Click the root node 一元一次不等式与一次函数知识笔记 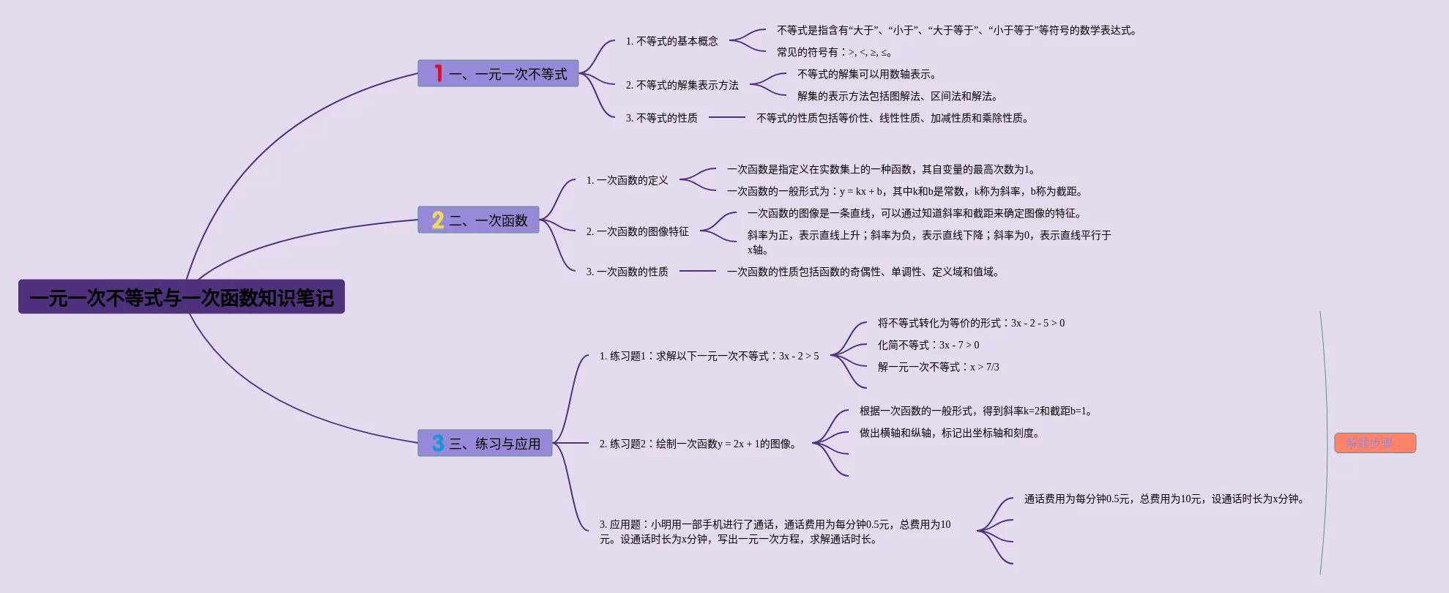(x=181, y=297)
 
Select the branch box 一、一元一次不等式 (x=498, y=74)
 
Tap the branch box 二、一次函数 (x=478, y=220)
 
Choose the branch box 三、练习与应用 (x=485, y=444)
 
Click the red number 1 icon (x=438, y=73)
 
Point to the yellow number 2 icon (x=438, y=220)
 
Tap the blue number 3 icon (x=438, y=443)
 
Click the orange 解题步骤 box (x=1374, y=443)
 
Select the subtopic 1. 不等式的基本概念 (x=671, y=42)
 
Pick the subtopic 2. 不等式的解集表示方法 (x=682, y=86)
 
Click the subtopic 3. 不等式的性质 (x=661, y=118)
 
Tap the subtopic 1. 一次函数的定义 (x=627, y=180)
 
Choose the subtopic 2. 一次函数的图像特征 (x=637, y=231)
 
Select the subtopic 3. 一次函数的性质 (x=627, y=272)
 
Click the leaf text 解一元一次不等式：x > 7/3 (x=938, y=367)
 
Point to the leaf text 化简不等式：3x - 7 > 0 (x=928, y=345)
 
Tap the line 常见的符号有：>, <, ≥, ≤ (x=834, y=53)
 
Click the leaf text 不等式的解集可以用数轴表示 (x=866, y=75)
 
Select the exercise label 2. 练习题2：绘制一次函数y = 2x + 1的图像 (x=698, y=444)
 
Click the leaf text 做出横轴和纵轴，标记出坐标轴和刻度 (x=949, y=433)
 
